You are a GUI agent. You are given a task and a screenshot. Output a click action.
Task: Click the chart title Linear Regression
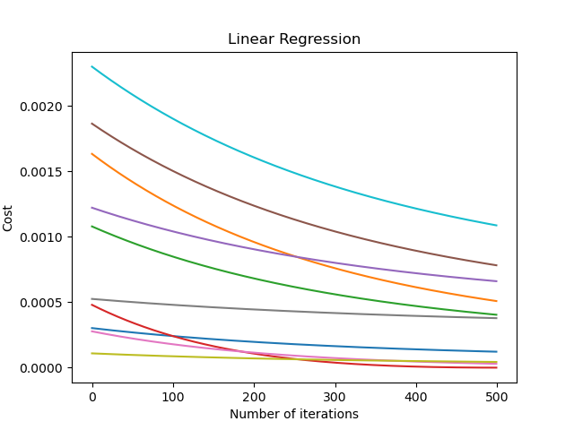[294, 39]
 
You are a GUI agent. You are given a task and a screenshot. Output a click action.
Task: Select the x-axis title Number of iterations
[294, 414]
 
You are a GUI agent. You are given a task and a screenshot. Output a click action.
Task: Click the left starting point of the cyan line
[92, 66]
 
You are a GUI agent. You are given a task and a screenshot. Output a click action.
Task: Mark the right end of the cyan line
[496, 225]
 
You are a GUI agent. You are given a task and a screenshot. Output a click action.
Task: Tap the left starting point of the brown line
[92, 124]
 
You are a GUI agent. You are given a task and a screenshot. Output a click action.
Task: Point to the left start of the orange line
[92, 153]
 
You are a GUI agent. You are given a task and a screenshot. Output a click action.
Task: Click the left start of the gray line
[92, 299]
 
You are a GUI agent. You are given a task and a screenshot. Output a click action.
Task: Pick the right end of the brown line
[496, 265]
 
